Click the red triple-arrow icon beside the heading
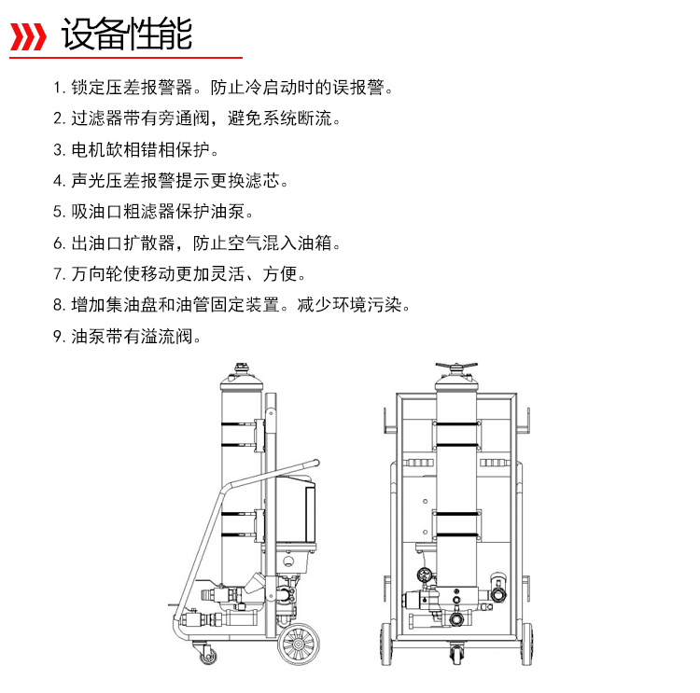tap(28, 37)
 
